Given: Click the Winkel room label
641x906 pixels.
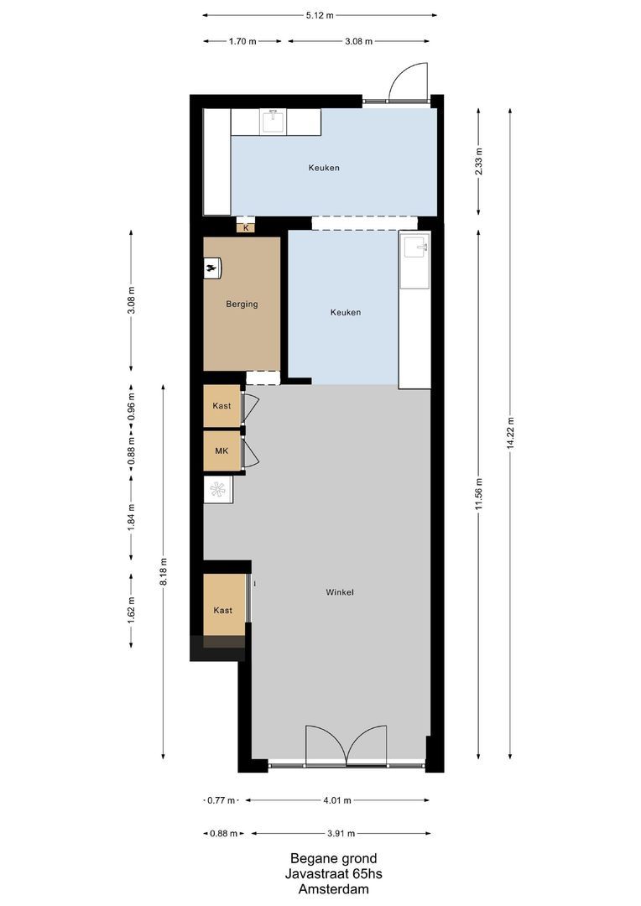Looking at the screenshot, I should [340, 592].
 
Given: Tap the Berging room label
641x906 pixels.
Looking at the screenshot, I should [242, 305].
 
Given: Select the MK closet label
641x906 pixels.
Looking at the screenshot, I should [221, 451].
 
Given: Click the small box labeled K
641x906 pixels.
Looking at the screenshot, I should [246, 227].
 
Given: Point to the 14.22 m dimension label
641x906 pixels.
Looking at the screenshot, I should [510, 433].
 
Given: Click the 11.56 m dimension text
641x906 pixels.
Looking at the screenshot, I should [478, 493].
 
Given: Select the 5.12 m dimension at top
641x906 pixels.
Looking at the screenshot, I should [320, 15].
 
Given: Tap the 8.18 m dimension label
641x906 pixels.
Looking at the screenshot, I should [164, 572].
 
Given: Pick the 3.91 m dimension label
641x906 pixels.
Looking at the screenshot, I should [341, 833].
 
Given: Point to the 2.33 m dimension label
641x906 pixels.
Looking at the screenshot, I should [478, 160].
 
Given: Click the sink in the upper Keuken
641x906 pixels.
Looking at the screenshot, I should [273, 122].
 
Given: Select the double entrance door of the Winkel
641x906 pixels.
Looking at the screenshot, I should [346, 746].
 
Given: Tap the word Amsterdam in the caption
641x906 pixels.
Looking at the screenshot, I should [333, 889].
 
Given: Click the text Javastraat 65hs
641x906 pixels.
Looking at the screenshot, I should [333, 874].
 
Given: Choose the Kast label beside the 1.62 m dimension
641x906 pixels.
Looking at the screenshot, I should [222, 610].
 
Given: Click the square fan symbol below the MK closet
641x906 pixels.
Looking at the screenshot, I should [218, 489].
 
